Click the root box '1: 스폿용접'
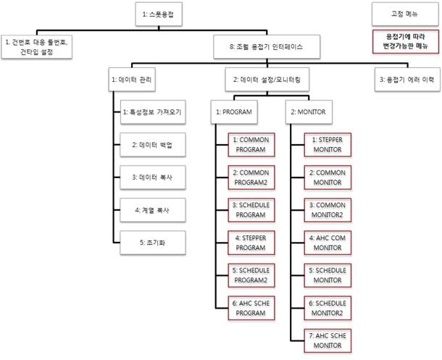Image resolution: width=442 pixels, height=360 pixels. pyautogui.click(x=159, y=14)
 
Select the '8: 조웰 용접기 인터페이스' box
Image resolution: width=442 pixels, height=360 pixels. pyautogui.click(x=267, y=47)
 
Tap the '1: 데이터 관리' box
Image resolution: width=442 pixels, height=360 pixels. pyautogui.click(x=132, y=80)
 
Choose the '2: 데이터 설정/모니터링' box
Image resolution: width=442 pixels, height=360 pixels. pyautogui.click(x=267, y=80)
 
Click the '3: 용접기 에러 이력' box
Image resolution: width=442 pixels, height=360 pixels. pyautogui.click(x=407, y=80)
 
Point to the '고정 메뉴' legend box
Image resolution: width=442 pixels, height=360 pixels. pyautogui.click(x=405, y=14)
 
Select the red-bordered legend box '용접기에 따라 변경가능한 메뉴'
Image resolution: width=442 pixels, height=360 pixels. pyautogui.click(x=406, y=41)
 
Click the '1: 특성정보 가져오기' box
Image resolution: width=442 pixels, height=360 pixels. pyautogui.click(x=153, y=112)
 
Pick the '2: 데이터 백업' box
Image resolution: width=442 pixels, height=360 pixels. pyautogui.click(x=153, y=145)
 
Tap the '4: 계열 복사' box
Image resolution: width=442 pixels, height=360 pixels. pyautogui.click(x=153, y=210)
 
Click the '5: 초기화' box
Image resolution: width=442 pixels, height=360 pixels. pyautogui.click(x=153, y=243)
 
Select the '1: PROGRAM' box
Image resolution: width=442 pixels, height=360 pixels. pyautogui.click(x=234, y=112)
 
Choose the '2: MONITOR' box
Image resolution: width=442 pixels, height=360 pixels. pyautogui.click(x=309, y=112)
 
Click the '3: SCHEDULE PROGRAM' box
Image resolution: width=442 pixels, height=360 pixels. pyautogui.click(x=251, y=210)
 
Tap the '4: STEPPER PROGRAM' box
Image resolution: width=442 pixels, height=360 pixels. pyautogui.click(x=251, y=243)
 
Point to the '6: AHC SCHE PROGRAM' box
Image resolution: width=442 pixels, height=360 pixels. pyautogui.click(x=251, y=308)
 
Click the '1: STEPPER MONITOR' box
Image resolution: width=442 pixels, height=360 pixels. pyautogui.click(x=328, y=145)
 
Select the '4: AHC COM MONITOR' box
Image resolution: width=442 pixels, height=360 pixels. pyautogui.click(x=328, y=243)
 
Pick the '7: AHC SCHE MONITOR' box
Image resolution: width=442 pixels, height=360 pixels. pyautogui.click(x=328, y=340)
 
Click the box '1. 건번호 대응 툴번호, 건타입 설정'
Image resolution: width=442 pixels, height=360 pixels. pyautogui.click(x=37, y=47)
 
